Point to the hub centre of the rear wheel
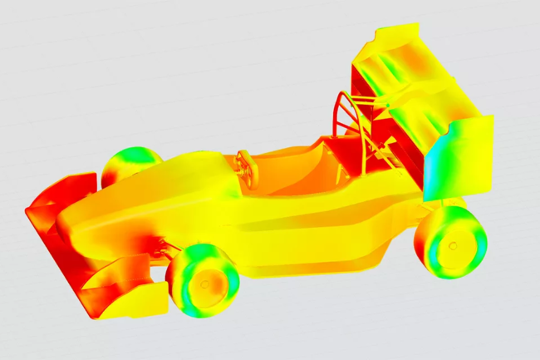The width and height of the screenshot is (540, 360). coord(452,245)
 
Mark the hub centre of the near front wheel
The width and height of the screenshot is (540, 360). coord(203,281)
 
